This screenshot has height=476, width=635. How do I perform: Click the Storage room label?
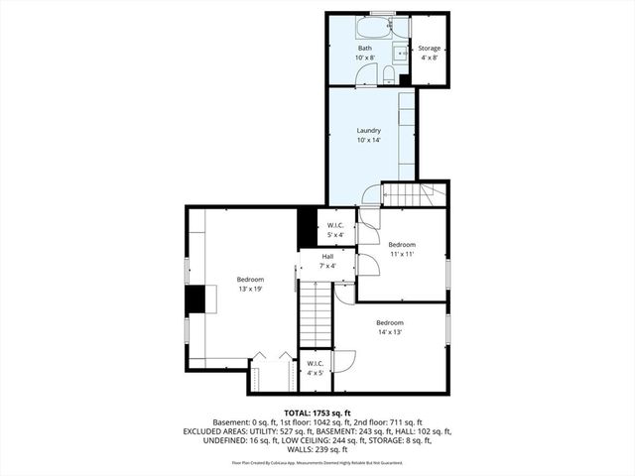pyautogui.click(x=429, y=49)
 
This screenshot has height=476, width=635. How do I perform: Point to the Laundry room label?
pyautogui.click(x=369, y=131)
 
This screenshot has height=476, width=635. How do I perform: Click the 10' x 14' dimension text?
pyautogui.click(x=369, y=141)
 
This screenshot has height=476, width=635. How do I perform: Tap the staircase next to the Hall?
pyautogui.click(x=316, y=312)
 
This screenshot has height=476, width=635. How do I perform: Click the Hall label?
pyautogui.click(x=326, y=257)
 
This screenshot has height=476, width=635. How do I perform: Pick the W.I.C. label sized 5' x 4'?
pyautogui.click(x=335, y=226)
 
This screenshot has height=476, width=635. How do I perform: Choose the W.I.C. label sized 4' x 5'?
pyautogui.click(x=315, y=363)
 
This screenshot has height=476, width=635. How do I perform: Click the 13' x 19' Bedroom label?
pyautogui.click(x=250, y=280)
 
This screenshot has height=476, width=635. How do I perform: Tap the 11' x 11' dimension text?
pyautogui.click(x=401, y=255)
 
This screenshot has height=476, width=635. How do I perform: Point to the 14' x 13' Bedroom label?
pyautogui.click(x=389, y=322)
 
